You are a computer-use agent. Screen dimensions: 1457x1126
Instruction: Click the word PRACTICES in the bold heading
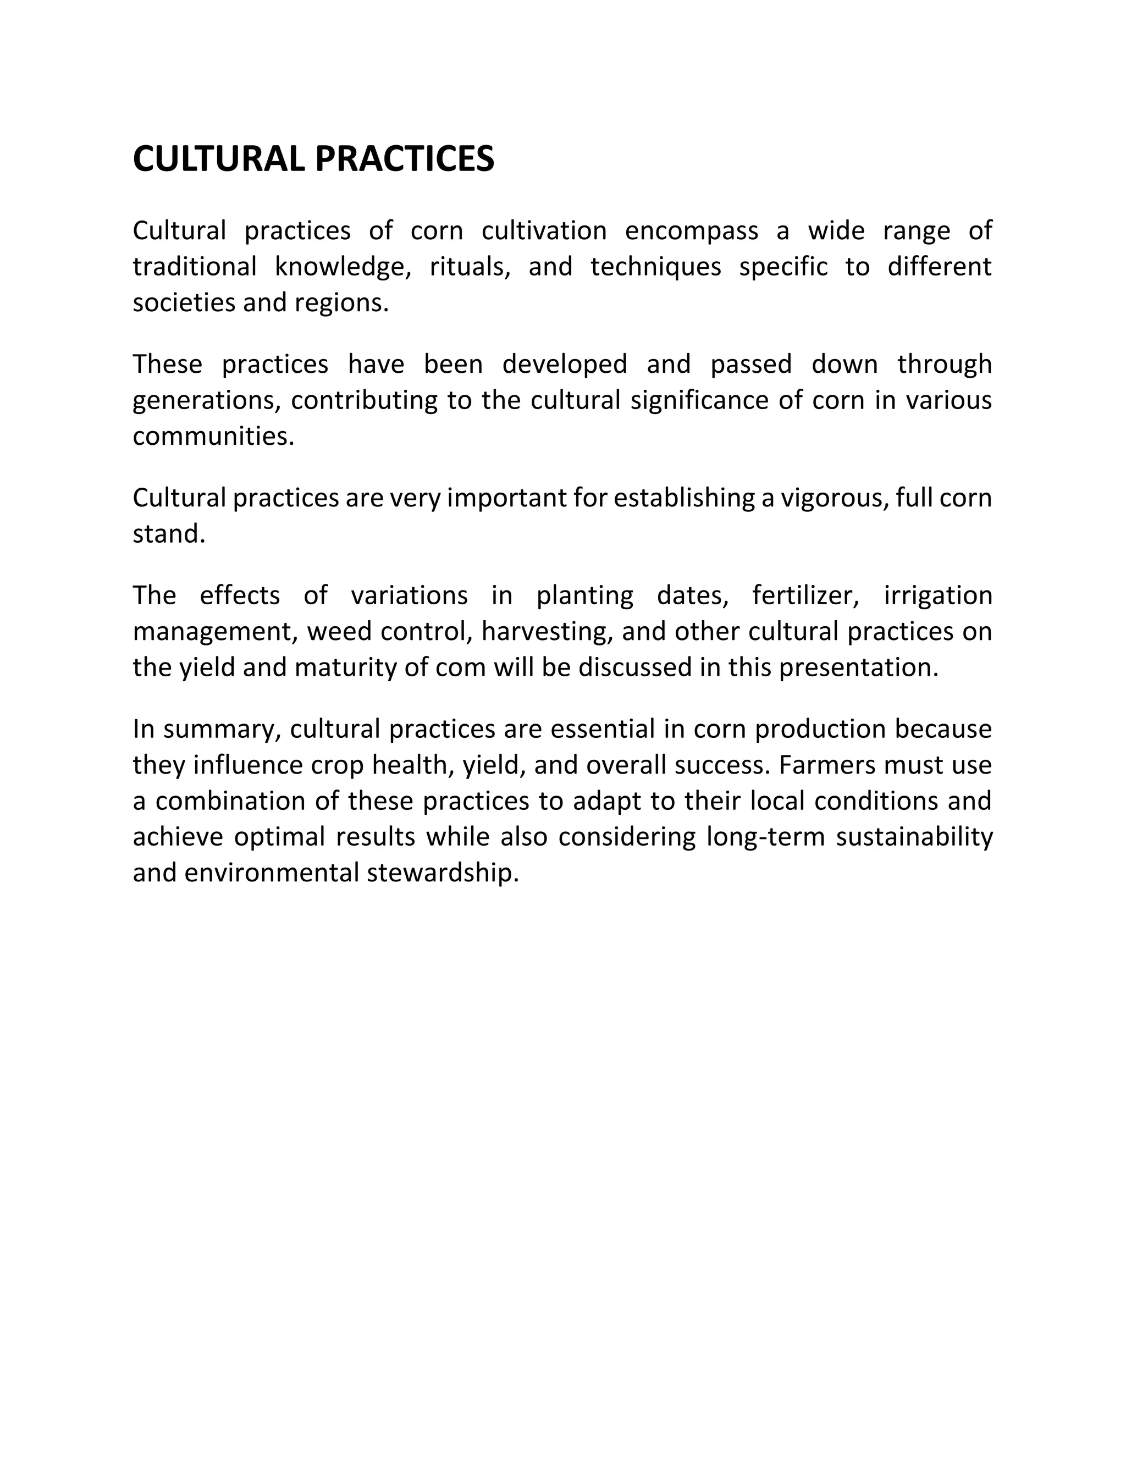click(404, 159)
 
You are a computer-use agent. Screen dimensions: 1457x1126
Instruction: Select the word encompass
click(691, 231)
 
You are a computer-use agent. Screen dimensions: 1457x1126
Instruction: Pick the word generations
click(207, 401)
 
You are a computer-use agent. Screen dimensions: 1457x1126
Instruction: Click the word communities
click(213, 437)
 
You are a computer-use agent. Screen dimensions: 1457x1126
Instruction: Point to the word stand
click(169, 534)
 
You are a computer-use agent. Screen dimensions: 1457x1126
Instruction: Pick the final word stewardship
click(443, 873)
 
